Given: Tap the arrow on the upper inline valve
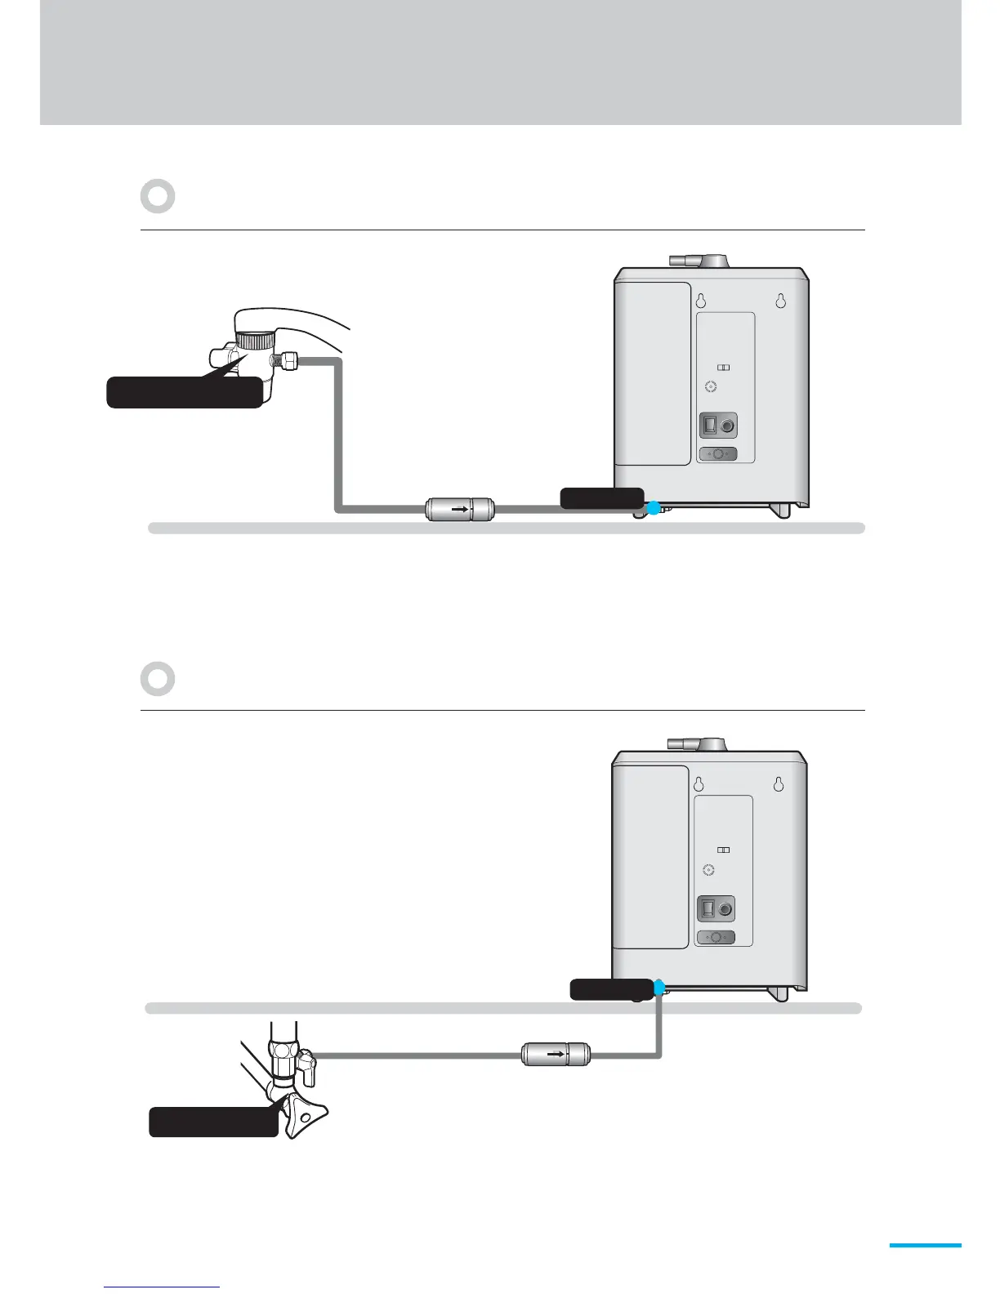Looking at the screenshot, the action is pos(460,509).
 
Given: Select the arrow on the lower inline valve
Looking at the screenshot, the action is pos(556,1055).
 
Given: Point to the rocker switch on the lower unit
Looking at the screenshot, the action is pos(708,908).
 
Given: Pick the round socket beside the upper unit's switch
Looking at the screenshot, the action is pos(726,426).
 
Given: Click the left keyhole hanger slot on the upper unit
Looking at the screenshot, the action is pos(700,300).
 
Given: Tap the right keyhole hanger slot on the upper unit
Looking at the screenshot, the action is pos(780,300).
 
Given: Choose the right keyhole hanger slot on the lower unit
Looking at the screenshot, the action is pos(779,783).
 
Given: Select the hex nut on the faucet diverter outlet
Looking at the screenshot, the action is pos(288,359).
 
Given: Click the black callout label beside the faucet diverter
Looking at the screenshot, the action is pos(185,392).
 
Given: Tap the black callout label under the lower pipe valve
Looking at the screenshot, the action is pos(213,1122).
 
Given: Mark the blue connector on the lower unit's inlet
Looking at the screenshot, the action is pos(659,988).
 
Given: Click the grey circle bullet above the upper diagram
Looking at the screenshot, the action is pos(158,196).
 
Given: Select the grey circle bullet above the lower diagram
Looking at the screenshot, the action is pos(158,679).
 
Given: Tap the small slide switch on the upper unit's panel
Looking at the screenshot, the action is pos(723,368).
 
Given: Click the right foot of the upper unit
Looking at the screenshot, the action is pos(781,511).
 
